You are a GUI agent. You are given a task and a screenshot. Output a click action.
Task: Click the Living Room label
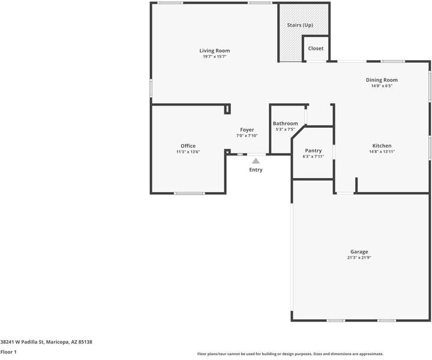(214, 51)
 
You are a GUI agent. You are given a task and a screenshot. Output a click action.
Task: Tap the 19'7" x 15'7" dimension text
(214, 57)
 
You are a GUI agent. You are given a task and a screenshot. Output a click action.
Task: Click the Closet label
(316, 49)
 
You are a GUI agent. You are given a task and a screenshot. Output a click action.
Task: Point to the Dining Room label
(382, 80)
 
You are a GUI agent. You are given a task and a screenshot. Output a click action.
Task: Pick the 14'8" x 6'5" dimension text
(382, 86)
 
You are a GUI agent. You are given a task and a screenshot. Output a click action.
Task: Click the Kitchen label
(382, 146)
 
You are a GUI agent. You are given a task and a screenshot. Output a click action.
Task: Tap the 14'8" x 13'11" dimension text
(382, 152)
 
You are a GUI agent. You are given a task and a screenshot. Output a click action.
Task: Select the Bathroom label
(285, 124)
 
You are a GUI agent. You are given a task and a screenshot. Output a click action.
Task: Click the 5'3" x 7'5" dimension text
(285, 130)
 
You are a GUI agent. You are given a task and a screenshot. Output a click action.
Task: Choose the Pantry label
(313, 151)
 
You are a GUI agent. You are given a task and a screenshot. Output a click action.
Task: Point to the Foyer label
(247, 130)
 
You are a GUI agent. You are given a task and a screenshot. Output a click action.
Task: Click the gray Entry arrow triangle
(256, 161)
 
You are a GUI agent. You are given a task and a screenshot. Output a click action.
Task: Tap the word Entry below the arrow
(256, 170)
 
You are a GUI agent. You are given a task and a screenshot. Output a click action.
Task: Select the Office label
(188, 146)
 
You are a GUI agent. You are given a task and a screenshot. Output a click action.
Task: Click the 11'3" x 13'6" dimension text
(188, 152)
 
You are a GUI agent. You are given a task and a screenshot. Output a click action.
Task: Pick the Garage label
(359, 251)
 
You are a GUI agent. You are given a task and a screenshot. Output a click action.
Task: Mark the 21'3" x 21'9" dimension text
(359, 257)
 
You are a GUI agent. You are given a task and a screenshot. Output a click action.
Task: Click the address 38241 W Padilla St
(24, 342)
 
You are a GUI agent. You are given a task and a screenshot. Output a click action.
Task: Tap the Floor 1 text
(8, 352)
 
